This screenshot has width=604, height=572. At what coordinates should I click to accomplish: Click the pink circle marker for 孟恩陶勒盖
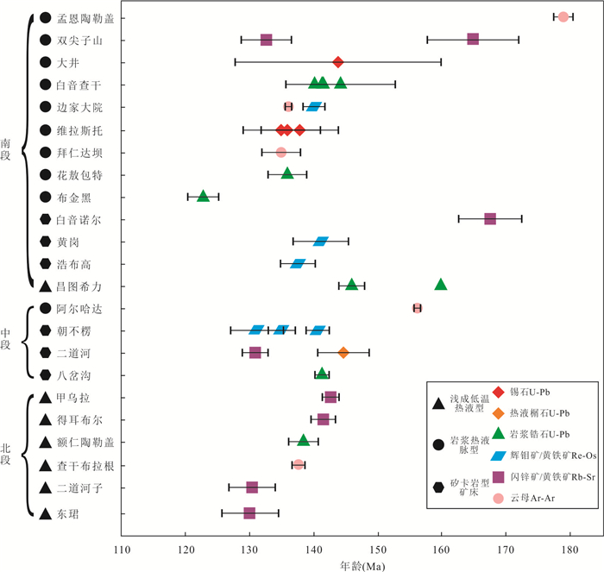(x=563, y=17)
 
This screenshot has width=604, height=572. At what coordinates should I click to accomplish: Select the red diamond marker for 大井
(x=338, y=62)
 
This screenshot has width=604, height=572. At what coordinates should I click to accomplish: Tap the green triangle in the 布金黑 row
(x=203, y=197)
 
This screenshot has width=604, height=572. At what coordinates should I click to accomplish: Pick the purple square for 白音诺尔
(x=490, y=219)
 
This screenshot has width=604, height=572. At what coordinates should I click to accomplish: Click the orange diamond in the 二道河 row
(x=343, y=352)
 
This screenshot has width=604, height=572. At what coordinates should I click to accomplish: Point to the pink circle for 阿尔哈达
(x=418, y=308)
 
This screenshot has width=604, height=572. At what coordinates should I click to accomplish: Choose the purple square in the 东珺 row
(x=249, y=513)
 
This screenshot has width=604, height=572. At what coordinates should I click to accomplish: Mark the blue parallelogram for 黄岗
(x=321, y=242)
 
